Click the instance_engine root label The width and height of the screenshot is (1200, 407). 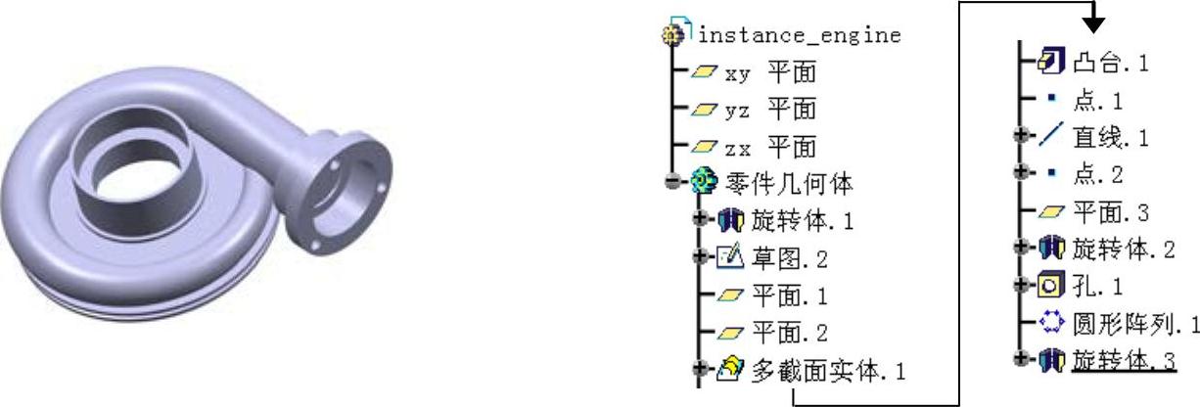(799, 36)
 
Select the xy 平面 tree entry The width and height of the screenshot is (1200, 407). (769, 71)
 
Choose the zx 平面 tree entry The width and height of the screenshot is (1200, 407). (769, 147)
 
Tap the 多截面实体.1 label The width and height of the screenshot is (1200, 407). (827, 370)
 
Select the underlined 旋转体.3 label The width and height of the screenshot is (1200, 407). (1124, 360)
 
